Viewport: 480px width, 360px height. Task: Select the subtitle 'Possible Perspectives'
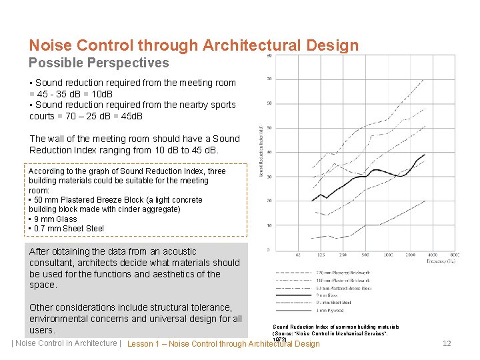[x=99, y=63]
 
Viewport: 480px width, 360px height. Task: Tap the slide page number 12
[x=447, y=343]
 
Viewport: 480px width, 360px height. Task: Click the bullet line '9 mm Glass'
[x=53, y=219]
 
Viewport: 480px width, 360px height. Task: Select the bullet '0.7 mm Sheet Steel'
[x=67, y=229]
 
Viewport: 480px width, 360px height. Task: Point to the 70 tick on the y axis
[x=269, y=79]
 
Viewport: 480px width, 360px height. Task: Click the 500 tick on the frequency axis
[x=365, y=255]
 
